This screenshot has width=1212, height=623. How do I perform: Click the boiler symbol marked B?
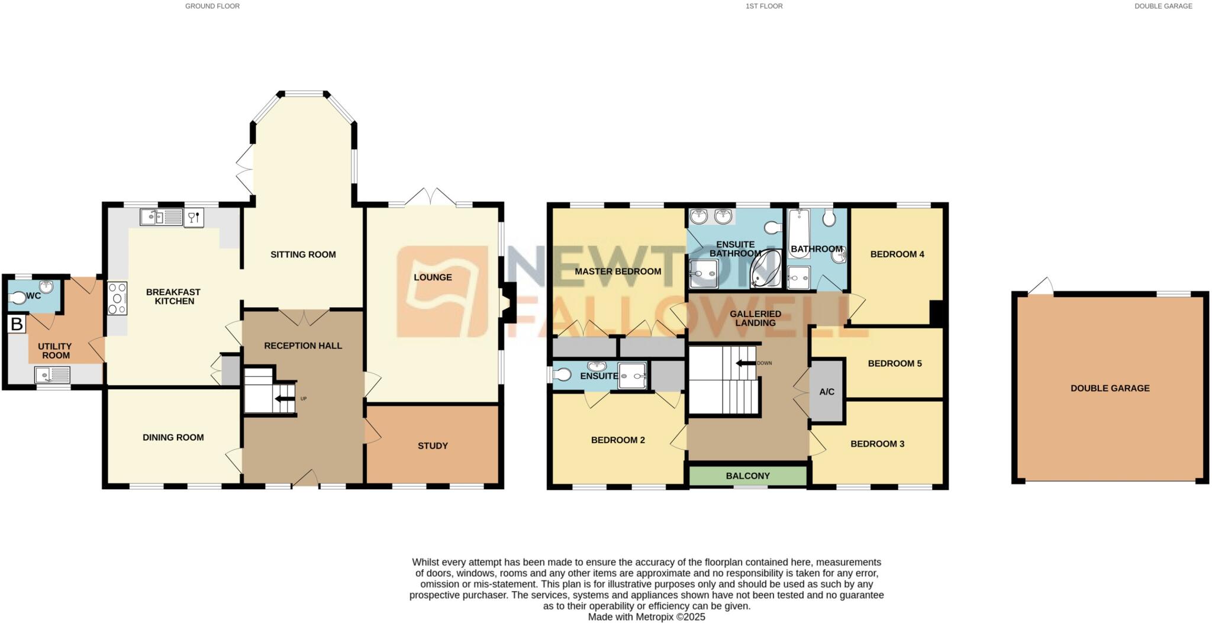click(x=17, y=324)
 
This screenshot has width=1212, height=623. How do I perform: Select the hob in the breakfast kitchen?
click(x=117, y=298)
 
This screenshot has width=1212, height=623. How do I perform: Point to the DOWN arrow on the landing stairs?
click(x=746, y=363)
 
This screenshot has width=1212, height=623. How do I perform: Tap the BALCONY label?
click(x=748, y=476)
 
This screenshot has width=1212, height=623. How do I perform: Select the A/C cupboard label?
click(x=827, y=392)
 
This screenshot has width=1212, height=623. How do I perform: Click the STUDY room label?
click(x=433, y=446)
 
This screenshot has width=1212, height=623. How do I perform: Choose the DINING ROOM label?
click(x=173, y=437)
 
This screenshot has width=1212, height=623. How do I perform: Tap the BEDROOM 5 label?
click(x=894, y=363)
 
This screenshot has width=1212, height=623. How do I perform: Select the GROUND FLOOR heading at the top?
click(x=212, y=6)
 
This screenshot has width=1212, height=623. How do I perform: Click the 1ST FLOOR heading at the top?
click(x=764, y=6)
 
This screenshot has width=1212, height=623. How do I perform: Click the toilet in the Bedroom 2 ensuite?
click(x=562, y=375)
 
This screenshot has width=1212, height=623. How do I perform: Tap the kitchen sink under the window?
click(x=161, y=217)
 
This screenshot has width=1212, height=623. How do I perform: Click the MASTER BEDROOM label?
click(x=618, y=271)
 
